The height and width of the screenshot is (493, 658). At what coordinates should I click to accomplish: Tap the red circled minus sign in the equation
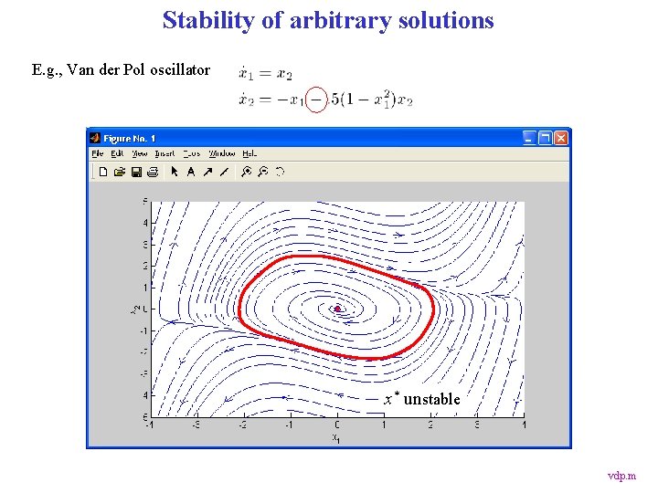316,99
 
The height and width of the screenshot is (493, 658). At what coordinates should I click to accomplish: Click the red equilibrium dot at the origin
337,309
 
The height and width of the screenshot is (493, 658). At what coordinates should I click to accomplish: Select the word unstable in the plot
432,399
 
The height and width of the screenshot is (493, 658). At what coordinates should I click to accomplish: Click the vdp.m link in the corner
621,476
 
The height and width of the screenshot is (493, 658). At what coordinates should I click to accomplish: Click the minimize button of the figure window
529,137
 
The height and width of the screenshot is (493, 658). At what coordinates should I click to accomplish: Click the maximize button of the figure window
546,137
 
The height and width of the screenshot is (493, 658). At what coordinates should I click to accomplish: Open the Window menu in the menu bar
222,153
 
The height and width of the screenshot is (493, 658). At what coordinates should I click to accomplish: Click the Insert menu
164,153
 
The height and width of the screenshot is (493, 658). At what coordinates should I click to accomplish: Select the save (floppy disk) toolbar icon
136,171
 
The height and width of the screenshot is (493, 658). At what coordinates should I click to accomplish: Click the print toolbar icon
152,171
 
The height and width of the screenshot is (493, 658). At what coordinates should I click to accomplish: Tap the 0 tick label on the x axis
337,424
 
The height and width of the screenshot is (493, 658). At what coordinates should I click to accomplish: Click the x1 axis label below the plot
336,437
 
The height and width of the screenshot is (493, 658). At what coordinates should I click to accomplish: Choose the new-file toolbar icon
103,171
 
